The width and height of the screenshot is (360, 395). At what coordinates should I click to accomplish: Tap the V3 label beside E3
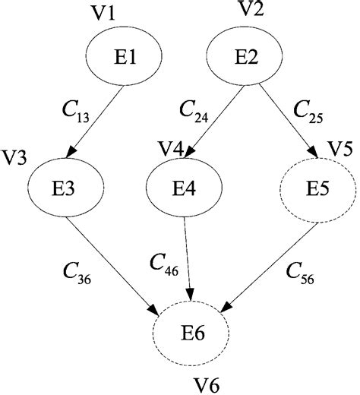click(x=15, y=156)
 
